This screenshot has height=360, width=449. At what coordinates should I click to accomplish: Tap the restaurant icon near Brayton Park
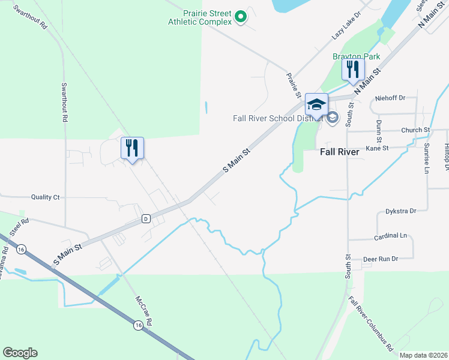coord(353,69)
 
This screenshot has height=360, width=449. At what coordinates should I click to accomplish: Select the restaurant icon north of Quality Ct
coord(132,148)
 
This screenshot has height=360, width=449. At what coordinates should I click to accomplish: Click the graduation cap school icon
coord(316,104)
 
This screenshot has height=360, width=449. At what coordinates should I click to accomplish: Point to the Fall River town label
coord(339,152)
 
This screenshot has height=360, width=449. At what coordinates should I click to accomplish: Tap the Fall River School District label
coord(278,118)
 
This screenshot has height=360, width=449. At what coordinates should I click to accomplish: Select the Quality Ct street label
coord(46,197)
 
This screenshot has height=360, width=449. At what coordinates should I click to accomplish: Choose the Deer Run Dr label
coord(381,259)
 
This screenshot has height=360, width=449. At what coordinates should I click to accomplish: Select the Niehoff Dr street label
coord(390,97)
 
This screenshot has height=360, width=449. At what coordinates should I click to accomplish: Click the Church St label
coord(415,130)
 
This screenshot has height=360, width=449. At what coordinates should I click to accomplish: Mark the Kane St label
coord(377,148)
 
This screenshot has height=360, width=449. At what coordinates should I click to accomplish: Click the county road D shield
coord(145,218)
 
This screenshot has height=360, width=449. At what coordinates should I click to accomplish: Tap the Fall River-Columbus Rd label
coord(370,323)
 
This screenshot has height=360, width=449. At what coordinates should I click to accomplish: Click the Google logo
coord(20,353)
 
